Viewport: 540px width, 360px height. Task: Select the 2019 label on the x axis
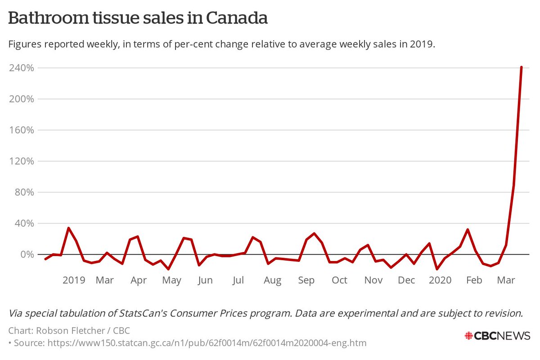pyautogui.click(x=74, y=280)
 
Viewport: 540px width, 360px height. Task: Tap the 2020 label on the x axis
pyautogui.click(x=440, y=280)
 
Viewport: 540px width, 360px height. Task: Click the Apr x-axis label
pyautogui.click(x=139, y=280)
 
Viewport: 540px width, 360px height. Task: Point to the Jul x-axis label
pyautogui.click(x=238, y=280)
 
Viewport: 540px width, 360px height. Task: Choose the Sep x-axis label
pyautogui.click(x=306, y=280)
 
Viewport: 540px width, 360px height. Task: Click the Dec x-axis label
pyautogui.click(x=406, y=280)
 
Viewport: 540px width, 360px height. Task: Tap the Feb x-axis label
pyautogui.click(x=474, y=280)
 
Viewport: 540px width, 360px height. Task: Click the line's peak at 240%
pyautogui.click(x=521, y=67)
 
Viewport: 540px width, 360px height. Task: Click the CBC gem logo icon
pyautogui.click(x=469, y=336)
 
